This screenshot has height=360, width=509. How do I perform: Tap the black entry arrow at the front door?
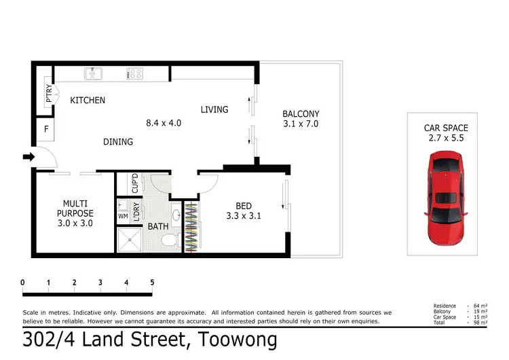click(28, 158)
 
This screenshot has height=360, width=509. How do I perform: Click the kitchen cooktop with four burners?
click(132, 73)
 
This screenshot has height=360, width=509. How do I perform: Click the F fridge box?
click(46, 128)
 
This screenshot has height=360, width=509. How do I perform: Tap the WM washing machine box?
click(123, 216)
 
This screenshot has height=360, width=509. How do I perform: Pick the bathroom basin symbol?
click(176, 215)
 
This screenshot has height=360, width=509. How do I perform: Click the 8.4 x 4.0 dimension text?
click(164, 124)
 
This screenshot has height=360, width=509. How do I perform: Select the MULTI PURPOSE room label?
click(75, 208)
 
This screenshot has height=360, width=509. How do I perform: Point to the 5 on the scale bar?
click(152, 283)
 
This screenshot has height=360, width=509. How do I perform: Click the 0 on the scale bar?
click(23, 283)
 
